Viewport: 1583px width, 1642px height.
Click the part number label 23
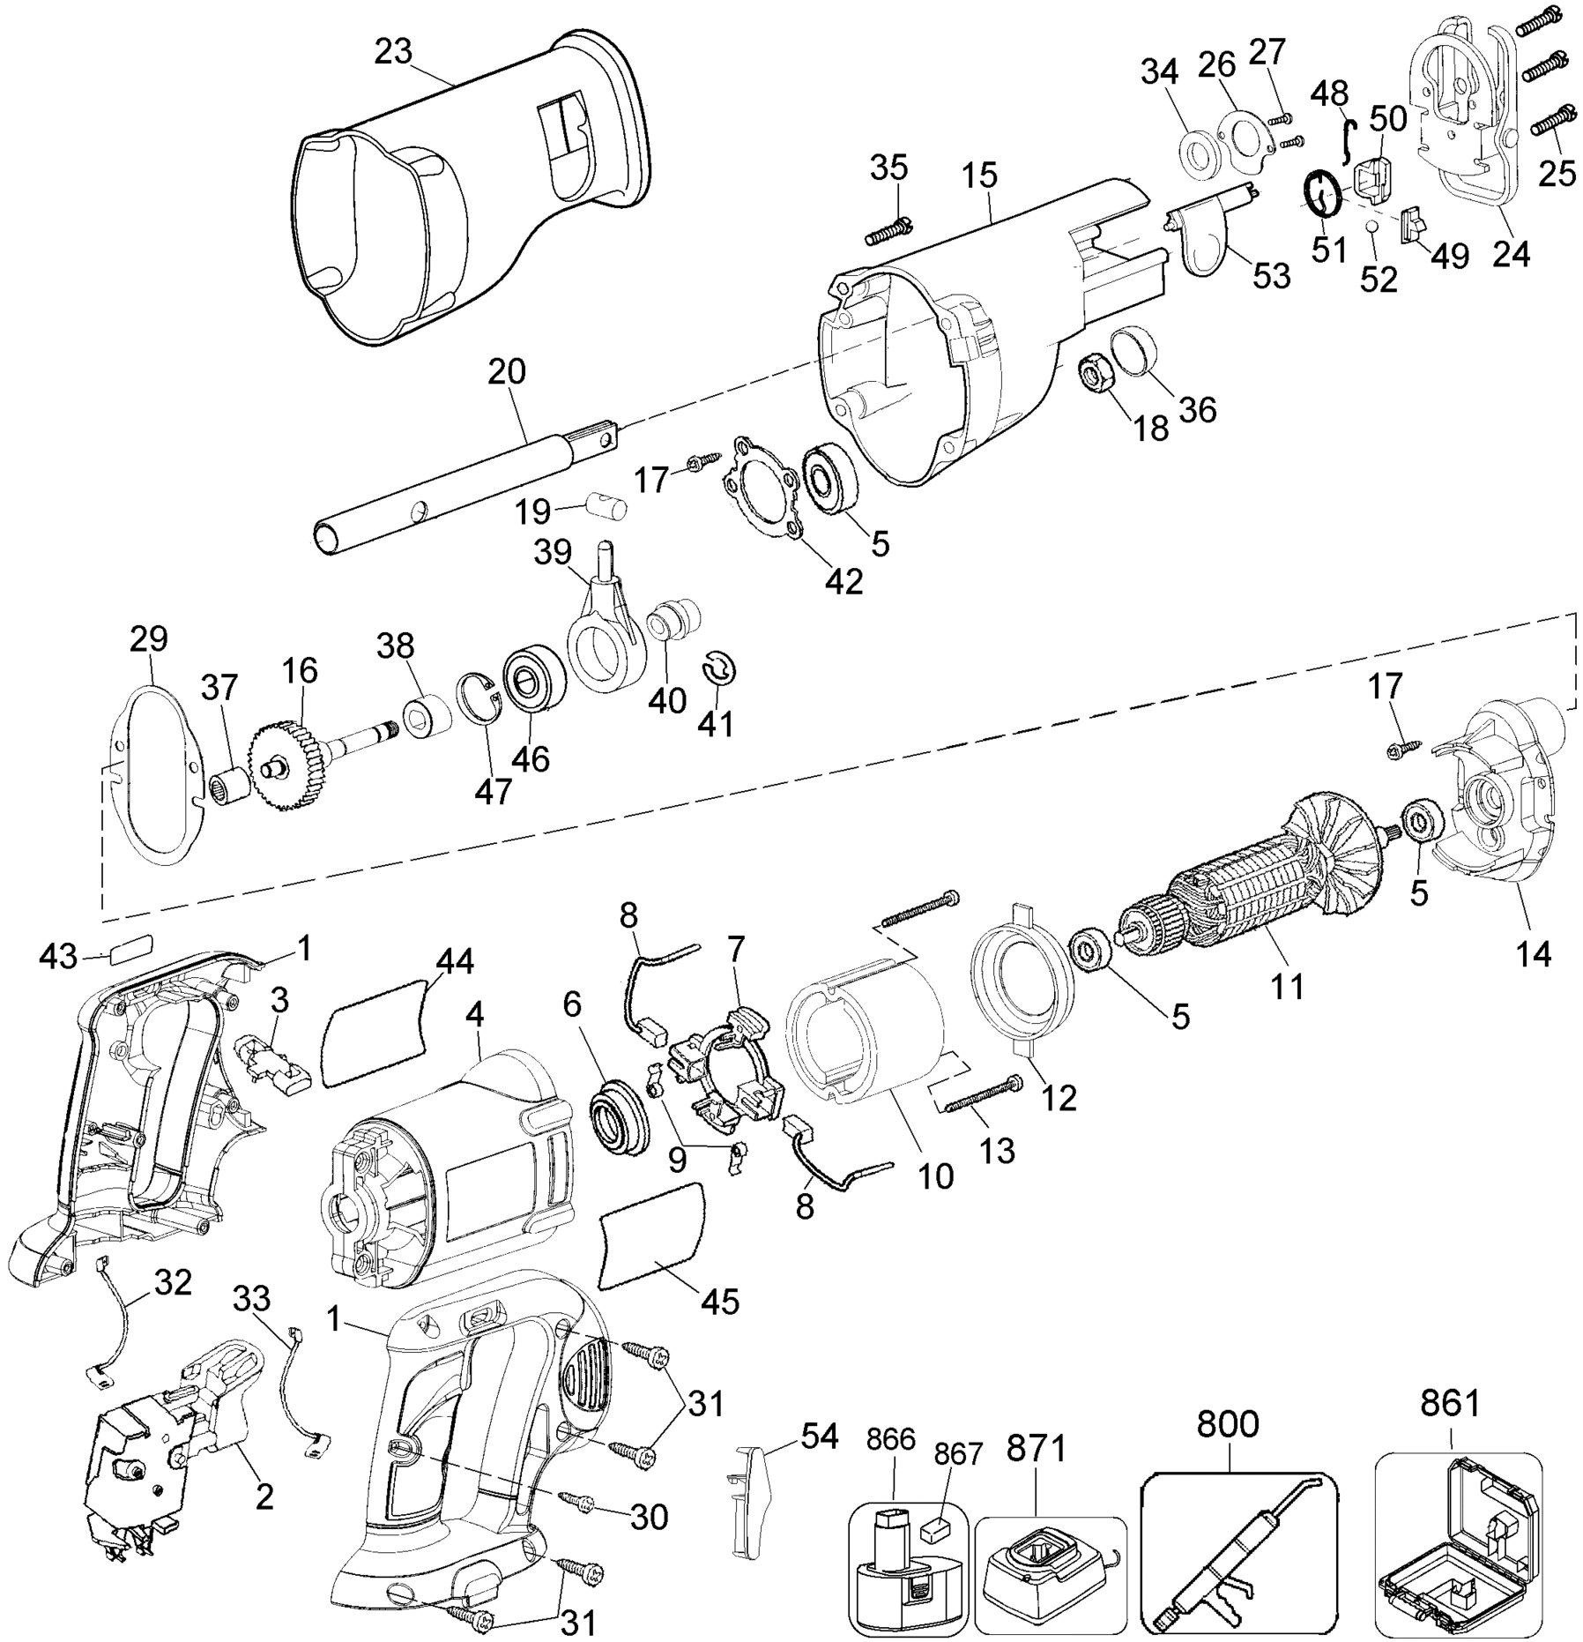(392, 53)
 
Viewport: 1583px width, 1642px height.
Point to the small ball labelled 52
(1372, 251)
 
